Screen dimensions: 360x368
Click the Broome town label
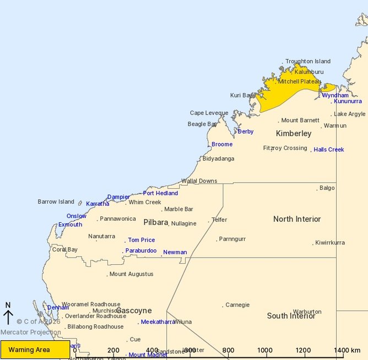tap(222, 144)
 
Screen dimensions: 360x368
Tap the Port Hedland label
tap(160, 193)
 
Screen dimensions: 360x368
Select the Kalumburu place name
tap(309, 72)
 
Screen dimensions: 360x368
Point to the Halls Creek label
tap(329, 150)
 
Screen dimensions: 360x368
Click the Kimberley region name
tap(294, 134)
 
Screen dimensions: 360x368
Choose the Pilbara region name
tap(155, 223)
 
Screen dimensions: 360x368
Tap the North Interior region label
tap(297, 219)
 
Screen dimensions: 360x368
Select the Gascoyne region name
tap(134, 311)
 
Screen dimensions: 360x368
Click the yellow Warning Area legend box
tap(35, 350)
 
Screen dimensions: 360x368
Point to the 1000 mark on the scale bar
tap(265, 350)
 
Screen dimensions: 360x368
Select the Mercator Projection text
tap(30, 332)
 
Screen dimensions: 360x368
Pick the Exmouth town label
tap(70, 225)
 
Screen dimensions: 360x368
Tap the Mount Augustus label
tap(131, 274)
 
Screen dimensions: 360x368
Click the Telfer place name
tap(219, 220)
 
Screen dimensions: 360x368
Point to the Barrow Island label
tap(56, 202)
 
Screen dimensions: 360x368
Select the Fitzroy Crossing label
tap(285, 148)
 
